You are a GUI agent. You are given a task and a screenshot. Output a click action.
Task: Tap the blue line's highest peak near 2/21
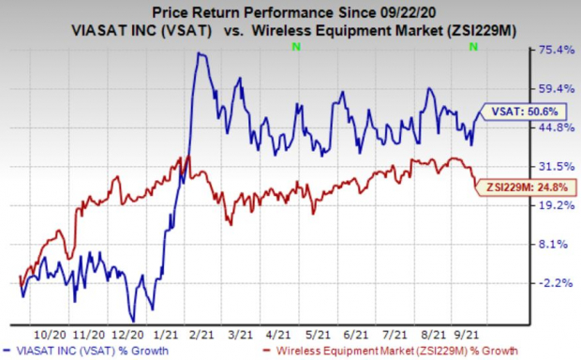click(x=199, y=53)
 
